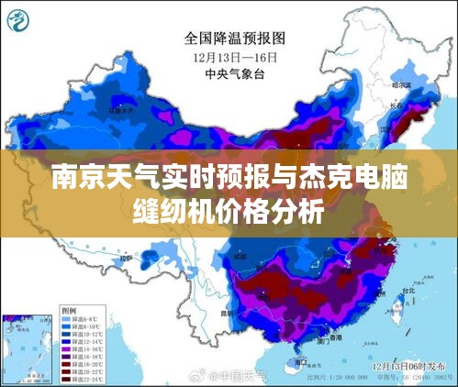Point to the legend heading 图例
tap(70, 312)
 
